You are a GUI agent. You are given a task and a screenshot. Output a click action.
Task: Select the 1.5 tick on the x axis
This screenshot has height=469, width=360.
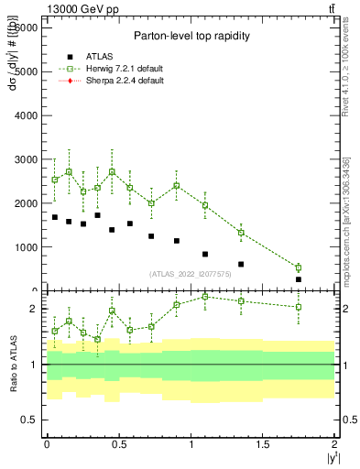click(263, 443)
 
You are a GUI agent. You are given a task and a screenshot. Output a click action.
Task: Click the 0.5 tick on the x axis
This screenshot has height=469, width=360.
click(118, 443)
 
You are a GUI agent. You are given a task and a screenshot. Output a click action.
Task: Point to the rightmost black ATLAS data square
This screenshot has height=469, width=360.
click(298, 279)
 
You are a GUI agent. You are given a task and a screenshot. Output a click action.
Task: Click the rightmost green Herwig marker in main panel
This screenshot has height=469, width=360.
click(298, 267)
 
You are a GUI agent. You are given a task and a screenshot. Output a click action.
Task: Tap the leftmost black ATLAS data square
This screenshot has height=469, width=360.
click(55, 217)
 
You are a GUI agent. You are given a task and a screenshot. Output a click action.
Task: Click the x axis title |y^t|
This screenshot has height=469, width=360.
click(328, 459)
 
